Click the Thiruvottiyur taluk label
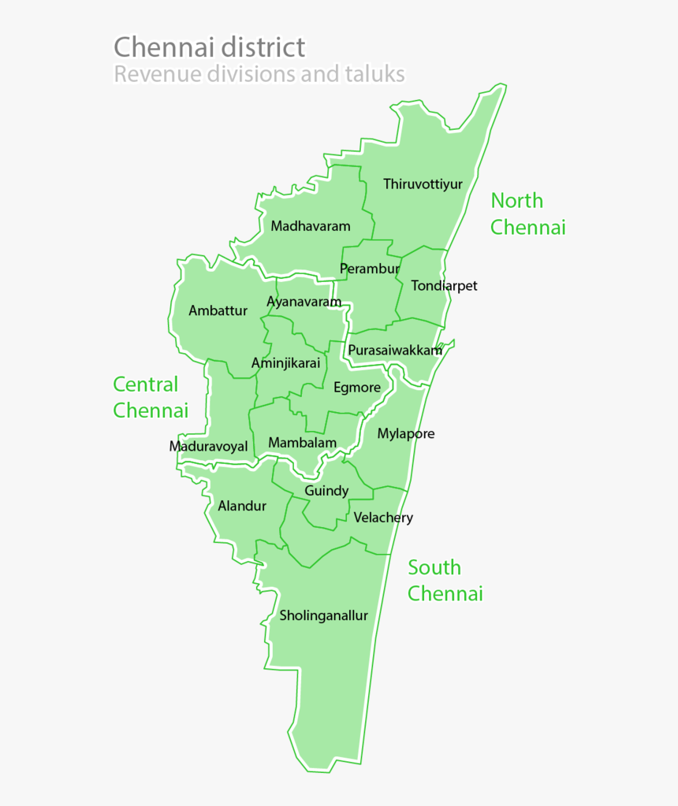423,184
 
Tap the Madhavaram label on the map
311,226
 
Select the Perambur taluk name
369,269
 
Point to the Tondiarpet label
444,285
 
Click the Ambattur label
218,310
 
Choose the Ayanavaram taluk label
304,302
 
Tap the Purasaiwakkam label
395,350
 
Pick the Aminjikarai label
285,363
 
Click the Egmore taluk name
356,387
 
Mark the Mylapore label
405,433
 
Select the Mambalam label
302,443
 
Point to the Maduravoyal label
208,447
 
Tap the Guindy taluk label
326,491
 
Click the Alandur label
242,506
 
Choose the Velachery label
383,518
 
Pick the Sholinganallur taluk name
323,616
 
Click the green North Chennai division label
527,214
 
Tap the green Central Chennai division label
151,397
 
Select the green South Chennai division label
445,581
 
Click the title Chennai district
209,47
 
